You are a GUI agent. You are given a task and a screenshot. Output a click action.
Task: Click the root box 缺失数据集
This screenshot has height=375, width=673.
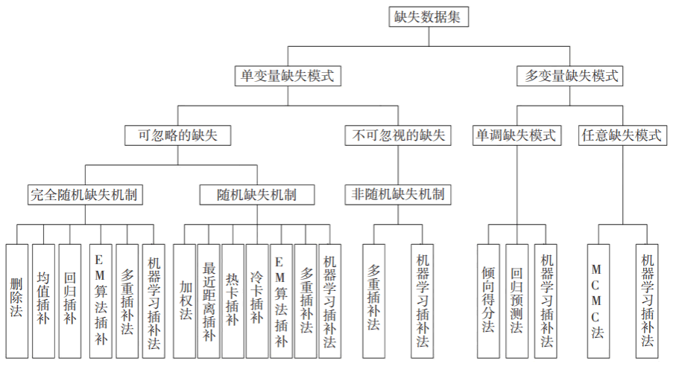429,16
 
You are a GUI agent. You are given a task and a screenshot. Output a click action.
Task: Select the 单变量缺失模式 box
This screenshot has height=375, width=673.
288,76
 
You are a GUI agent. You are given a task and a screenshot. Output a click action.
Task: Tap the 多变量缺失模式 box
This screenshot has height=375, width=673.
569,76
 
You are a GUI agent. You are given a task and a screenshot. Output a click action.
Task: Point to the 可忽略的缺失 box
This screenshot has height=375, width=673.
177,135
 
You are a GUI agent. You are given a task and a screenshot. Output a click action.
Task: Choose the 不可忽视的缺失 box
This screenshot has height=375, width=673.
398,135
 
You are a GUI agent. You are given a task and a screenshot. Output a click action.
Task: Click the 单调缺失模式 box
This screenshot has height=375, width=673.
516,135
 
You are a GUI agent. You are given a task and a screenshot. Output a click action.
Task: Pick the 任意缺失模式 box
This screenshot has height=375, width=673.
622,135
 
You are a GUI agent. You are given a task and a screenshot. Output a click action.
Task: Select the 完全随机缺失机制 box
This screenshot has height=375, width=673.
85,195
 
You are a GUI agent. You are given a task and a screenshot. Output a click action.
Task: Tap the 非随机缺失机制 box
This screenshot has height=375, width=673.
398,195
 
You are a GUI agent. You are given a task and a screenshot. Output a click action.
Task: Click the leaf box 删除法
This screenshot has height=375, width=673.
16,301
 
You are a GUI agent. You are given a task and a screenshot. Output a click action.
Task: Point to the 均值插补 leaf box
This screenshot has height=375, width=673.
43,301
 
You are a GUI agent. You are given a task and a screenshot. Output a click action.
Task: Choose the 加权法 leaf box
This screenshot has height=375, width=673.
185,301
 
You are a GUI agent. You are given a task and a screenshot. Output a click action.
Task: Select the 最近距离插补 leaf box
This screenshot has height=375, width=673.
209,301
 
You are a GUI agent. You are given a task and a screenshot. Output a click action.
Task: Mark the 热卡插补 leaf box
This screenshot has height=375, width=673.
233,301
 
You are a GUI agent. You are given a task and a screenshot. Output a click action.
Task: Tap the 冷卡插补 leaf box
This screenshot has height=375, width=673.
257,301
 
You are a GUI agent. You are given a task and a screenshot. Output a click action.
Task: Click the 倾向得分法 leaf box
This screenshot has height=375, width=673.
488,301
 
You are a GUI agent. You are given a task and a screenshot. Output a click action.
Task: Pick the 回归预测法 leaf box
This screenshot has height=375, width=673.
516,301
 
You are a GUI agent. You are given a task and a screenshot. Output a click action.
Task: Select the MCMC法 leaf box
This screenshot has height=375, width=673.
598,301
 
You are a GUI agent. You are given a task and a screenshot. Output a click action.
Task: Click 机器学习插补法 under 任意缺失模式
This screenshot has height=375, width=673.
647,301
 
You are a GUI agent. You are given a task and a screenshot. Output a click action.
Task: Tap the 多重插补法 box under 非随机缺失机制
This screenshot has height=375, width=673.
374,301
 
